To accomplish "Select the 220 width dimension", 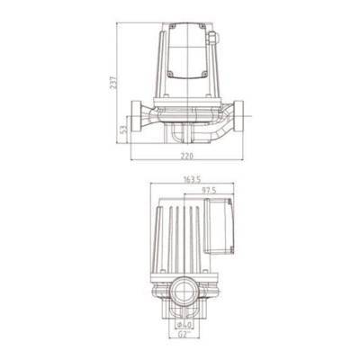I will click(x=186, y=156).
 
